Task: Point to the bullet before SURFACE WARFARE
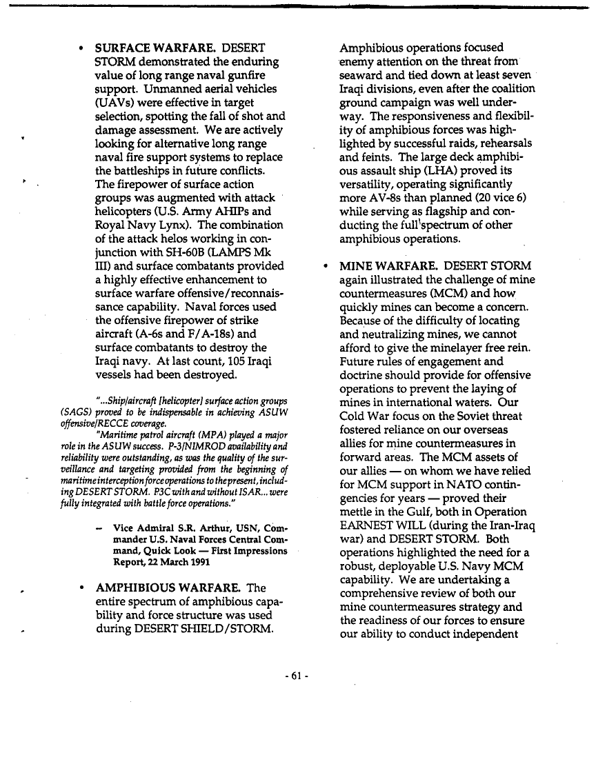pos(81,50)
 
